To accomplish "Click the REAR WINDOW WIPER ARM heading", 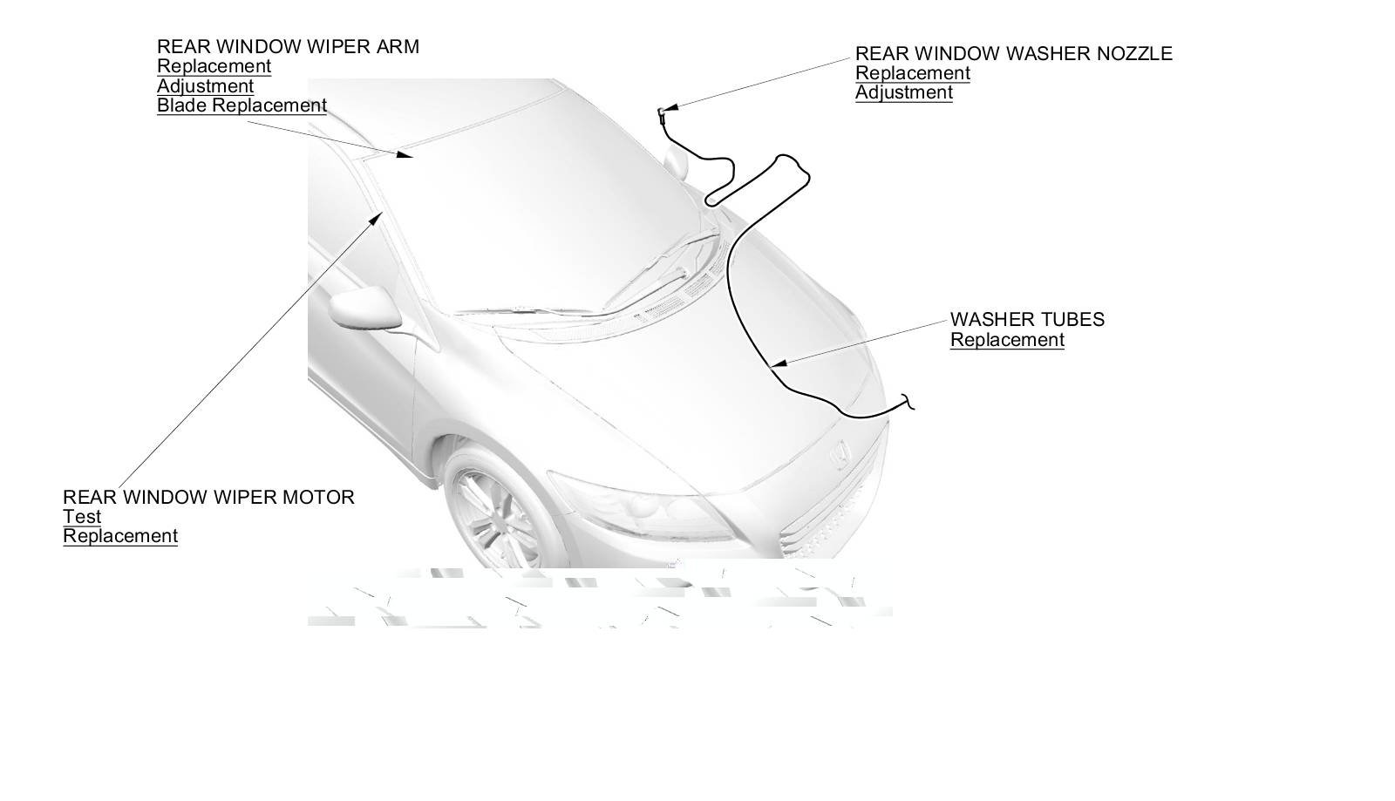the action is click(288, 47).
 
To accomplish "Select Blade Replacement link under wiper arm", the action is click(242, 105).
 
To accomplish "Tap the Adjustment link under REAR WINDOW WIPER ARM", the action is click(205, 86).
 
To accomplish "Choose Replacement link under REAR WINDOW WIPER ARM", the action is click(214, 66).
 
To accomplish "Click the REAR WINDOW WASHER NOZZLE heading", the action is click(1013, 54).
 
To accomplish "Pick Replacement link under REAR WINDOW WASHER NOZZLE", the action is click(912, 73).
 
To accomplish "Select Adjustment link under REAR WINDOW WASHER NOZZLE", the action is click(903, 93).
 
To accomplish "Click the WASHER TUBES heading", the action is click(1027, 320).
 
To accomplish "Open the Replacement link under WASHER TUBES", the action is click(1007, 340).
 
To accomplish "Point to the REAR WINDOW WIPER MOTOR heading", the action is click(208, 498).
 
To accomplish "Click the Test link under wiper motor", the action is click(82, 517).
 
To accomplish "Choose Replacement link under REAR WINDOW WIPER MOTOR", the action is click(120, 536).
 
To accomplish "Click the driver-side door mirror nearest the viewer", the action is click(359, 309).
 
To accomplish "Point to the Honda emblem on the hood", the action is click(840, 453).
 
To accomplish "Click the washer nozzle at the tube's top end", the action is click(662, 112).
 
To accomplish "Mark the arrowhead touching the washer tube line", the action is click(779, 363).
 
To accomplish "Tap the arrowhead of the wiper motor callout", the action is click(377, 215).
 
